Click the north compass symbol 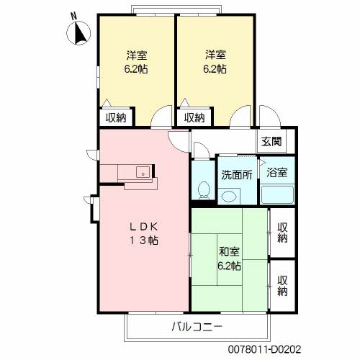pyautogui.click(x=78, y=32)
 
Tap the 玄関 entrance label pyautogui.click(x=271, y=142)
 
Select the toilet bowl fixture pyautogui.click(x=204, y=191)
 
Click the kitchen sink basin pyautogui.click(x=143, y=172)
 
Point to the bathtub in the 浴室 pyautogui.click(x=277, y=194)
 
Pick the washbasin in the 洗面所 pyautogui.click(x=229, y=197)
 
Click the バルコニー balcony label pyautogui.click(x=197, y=327)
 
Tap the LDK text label pyautogui.click(x=143, y=227)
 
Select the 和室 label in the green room pyautogui.click(x=229, y=252)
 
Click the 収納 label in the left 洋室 pyautogui.click(x=116, y=117)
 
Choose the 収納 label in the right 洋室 pyautogui.click(x=194, y=117)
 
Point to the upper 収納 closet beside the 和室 pyautogui.click(x=282, y=233)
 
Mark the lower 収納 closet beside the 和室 pyautogui.click(x=282, y=285)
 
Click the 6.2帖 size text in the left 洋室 pyautogui.click(x=136, y=69)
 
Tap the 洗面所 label pyautogui.click(x=237, y=175)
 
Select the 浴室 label pyautogui.click(x=277, y=172)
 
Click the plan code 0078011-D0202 pyautogui.click(x=264, y=349)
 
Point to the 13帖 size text pyautogui.click(x=143, y=240)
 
